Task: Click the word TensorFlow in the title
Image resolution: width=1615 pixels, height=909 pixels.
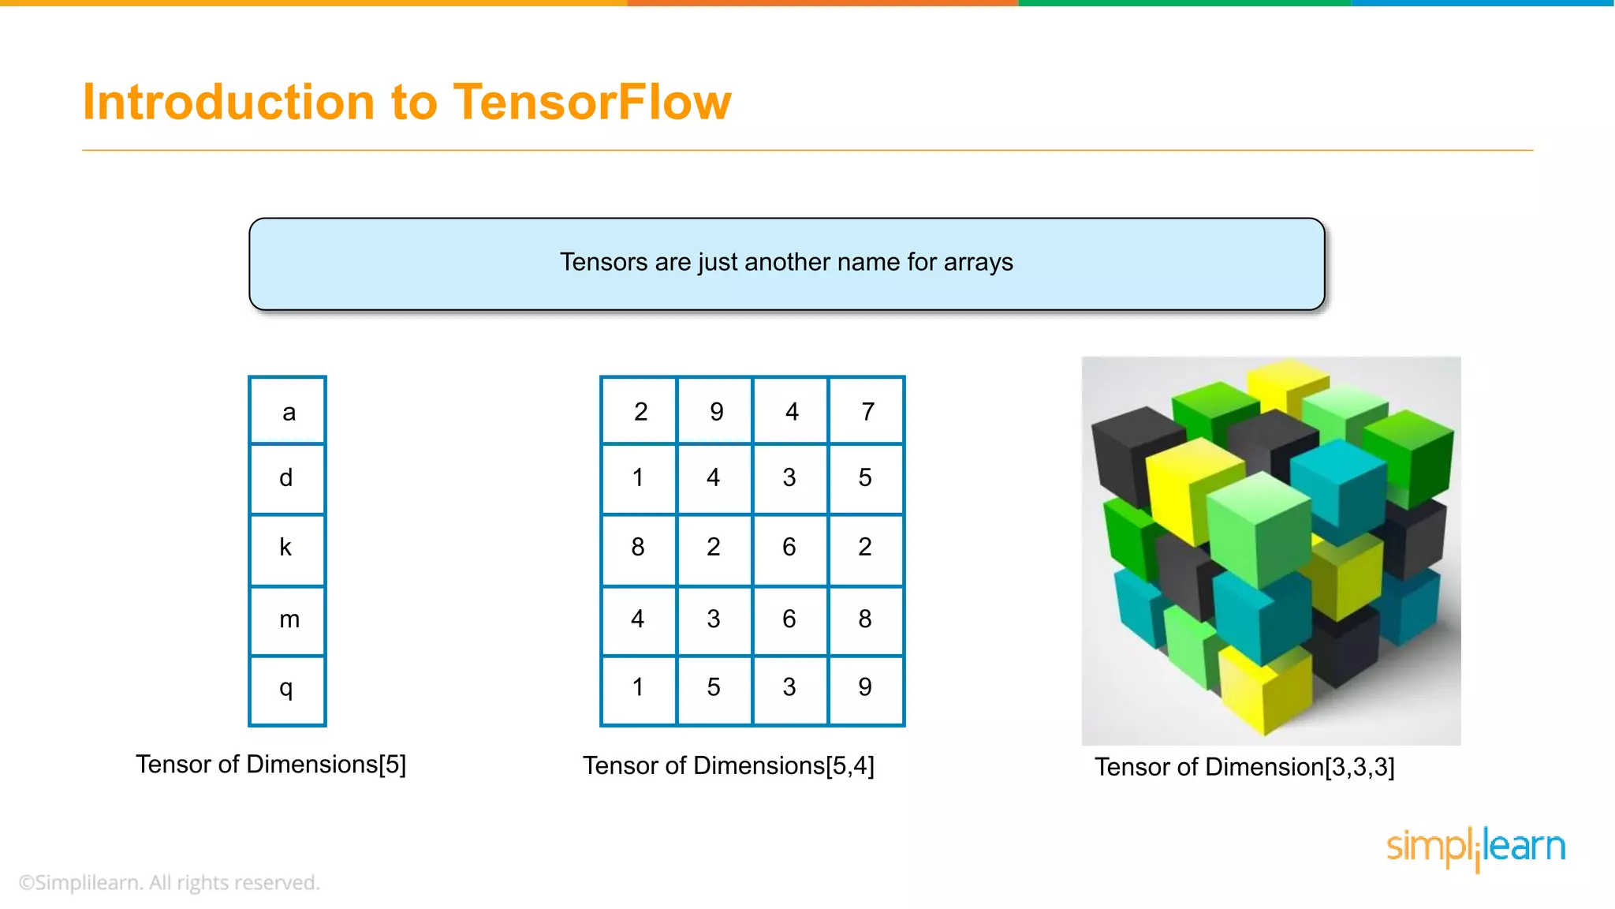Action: (591, 103)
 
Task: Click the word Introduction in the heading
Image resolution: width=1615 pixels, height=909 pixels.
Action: (229, 103)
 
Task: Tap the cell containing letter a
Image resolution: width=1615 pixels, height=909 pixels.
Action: (288, 411)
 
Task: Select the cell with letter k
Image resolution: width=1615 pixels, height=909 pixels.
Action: (286, 548)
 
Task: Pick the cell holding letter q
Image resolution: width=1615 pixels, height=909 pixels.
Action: (286, 688)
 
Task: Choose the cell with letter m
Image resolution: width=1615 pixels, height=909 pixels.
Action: (289, 619)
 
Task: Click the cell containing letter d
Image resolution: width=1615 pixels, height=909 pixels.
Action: (286, 478)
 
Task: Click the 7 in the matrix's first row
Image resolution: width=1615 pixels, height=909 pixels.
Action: (867, 411)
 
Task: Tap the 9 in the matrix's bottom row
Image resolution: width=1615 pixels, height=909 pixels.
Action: (865, 687)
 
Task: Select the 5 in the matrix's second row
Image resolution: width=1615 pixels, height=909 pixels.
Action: (865, 478)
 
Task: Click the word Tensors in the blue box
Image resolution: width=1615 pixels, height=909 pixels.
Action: (603, 262)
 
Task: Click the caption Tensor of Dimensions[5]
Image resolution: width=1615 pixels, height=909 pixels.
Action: (270, 765)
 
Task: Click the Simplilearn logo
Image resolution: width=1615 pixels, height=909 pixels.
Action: (1475, 847)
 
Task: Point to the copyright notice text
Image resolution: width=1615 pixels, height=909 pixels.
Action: (170, 882)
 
